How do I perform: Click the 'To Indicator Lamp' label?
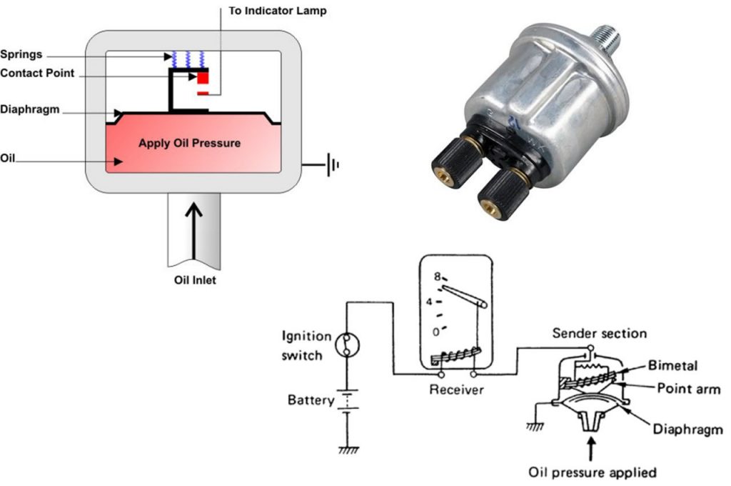point(278,11)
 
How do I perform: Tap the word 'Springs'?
point(21,54)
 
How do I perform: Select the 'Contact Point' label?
point(37,74)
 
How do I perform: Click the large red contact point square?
point(203,77)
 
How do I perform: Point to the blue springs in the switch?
point(188,59)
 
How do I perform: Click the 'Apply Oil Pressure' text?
point(189,143)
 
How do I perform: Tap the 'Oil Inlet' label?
point(195,280)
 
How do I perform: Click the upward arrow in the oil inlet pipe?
point(193,231)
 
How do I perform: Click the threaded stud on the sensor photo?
point(607,37)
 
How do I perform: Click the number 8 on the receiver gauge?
point(437,277)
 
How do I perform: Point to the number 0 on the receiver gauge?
point(436,332)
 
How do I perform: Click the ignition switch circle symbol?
point(348,345)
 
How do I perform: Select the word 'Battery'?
point(311,400)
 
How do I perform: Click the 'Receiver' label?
point(456,390)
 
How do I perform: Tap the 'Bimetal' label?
point(672,365)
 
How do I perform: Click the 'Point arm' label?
point(689,388)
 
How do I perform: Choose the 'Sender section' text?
point(600,333)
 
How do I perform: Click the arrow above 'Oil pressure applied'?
point(591,449)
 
